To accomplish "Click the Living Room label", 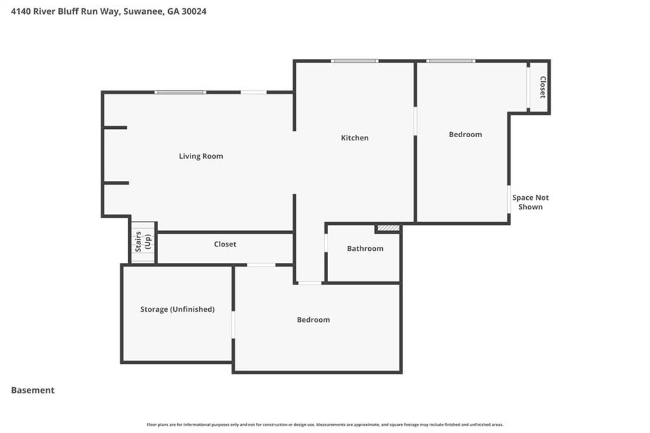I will tap(201, 156).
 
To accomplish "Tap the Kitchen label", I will tap(354, 138).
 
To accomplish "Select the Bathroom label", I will tap(365, 248).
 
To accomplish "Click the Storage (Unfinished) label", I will tap(177, 309).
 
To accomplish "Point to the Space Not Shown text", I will tap(531, 202).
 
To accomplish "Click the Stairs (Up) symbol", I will tap(143, 242).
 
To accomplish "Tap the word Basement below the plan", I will tap(33, 390).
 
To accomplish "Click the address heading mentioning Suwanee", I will tap(109, 11).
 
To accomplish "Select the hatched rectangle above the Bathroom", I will tap(388, 228).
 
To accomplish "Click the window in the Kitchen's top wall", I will tap(355, 61).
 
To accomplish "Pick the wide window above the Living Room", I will tap(181, 93).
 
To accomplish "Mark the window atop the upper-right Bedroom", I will tap(451, 61).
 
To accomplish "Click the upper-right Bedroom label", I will tap(465, 135).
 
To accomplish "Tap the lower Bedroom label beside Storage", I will tap(314, 320).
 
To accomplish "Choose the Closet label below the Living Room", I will tap(225, 244).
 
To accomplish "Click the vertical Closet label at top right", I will tap(543, 87).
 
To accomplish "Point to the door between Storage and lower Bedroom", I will tap(233, 324).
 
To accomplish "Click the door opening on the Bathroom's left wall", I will tap(326, 243).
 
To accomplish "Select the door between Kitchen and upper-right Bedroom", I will tap(415, 121).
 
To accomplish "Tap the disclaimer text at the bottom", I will tap(325, 425).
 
